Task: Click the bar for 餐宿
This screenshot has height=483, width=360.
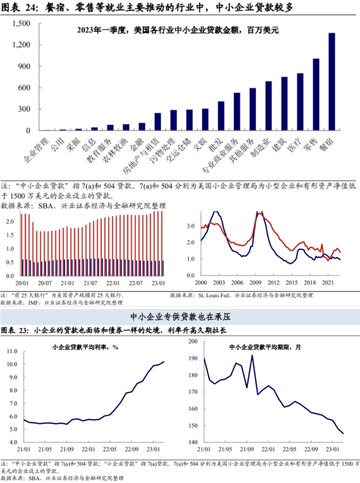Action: point(332,82)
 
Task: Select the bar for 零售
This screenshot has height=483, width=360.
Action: point(316,94)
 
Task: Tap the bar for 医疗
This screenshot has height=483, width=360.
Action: point(300,102)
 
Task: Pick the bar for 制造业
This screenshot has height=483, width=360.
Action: point(268,106)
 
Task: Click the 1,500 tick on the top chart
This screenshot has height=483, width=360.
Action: point(21,24)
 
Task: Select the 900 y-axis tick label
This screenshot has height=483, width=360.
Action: point(24,66)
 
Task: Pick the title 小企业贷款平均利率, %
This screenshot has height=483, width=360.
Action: point(85,347)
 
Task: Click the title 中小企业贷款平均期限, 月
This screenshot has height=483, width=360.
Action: point(266,347)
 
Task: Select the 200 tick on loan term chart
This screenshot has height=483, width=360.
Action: point(193,341)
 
